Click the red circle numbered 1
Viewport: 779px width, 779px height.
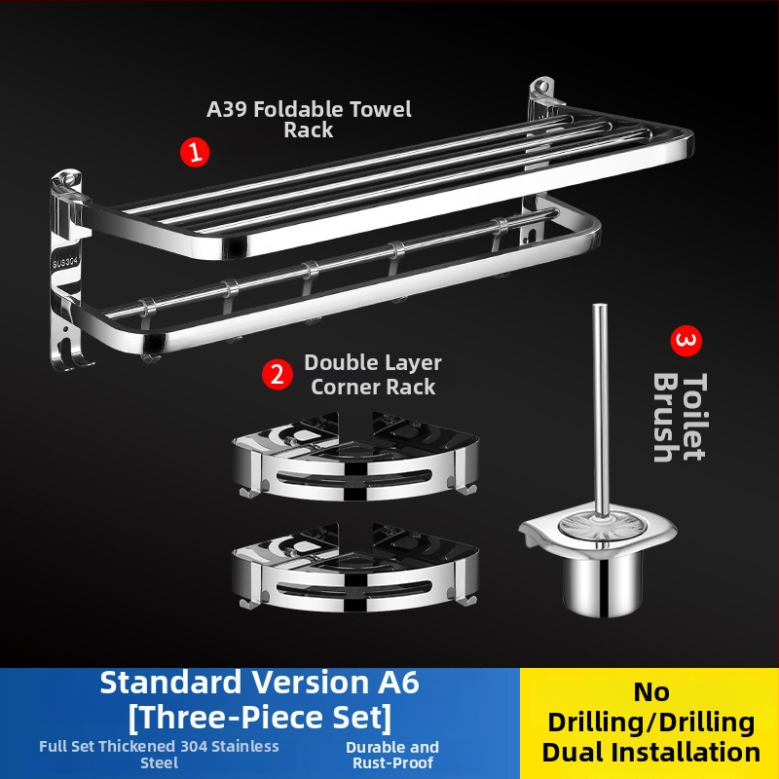coord(195,152)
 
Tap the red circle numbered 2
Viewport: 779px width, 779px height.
coord(278,374)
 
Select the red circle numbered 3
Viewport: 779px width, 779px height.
coord(686,341)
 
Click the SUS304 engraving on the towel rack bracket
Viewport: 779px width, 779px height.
coord(65,261)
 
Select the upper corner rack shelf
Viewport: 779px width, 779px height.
coord(355,456)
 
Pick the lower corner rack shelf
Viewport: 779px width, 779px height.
coord(355,568)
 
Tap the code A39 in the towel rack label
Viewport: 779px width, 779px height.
coord(227,109)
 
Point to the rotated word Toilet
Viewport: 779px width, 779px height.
coord(694,417)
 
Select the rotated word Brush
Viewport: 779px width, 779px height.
coord(666,418)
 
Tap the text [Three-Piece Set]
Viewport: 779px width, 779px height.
coord(260,717)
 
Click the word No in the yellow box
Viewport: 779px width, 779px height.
coord(650,692)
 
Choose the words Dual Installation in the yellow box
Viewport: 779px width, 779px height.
coord(650,752)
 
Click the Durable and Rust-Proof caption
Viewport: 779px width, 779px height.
coord(392,755)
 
